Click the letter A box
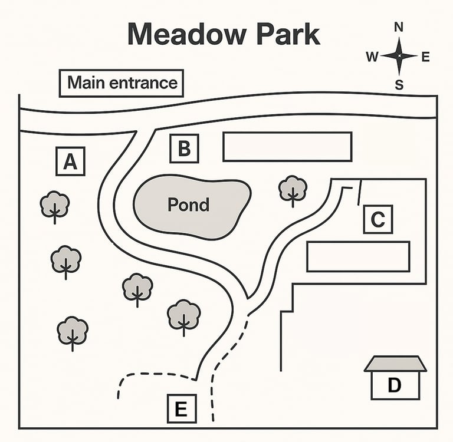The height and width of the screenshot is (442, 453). tap(70, 161)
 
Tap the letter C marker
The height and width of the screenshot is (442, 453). tap(377, 219)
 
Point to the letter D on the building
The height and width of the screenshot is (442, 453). tap(394, 385)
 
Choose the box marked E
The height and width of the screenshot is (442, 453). tap(181, 408)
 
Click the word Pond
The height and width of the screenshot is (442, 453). tap(188, 204)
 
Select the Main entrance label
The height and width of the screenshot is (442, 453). tap(122, 83)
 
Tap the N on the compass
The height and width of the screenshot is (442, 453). tap(399, 27)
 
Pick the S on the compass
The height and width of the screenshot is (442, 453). tap(399, 85)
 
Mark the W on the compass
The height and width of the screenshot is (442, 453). tap(372, 57)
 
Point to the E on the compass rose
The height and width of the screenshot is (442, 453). tap(425, 57)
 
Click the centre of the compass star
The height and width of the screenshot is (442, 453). tap(399, 56)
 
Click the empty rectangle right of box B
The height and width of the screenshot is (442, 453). tap(287, 146)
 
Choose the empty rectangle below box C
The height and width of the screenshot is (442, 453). tap(358, 256)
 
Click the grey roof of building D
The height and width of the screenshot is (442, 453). tap(395, 364)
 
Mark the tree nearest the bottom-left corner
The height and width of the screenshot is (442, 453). tap(73, 332)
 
